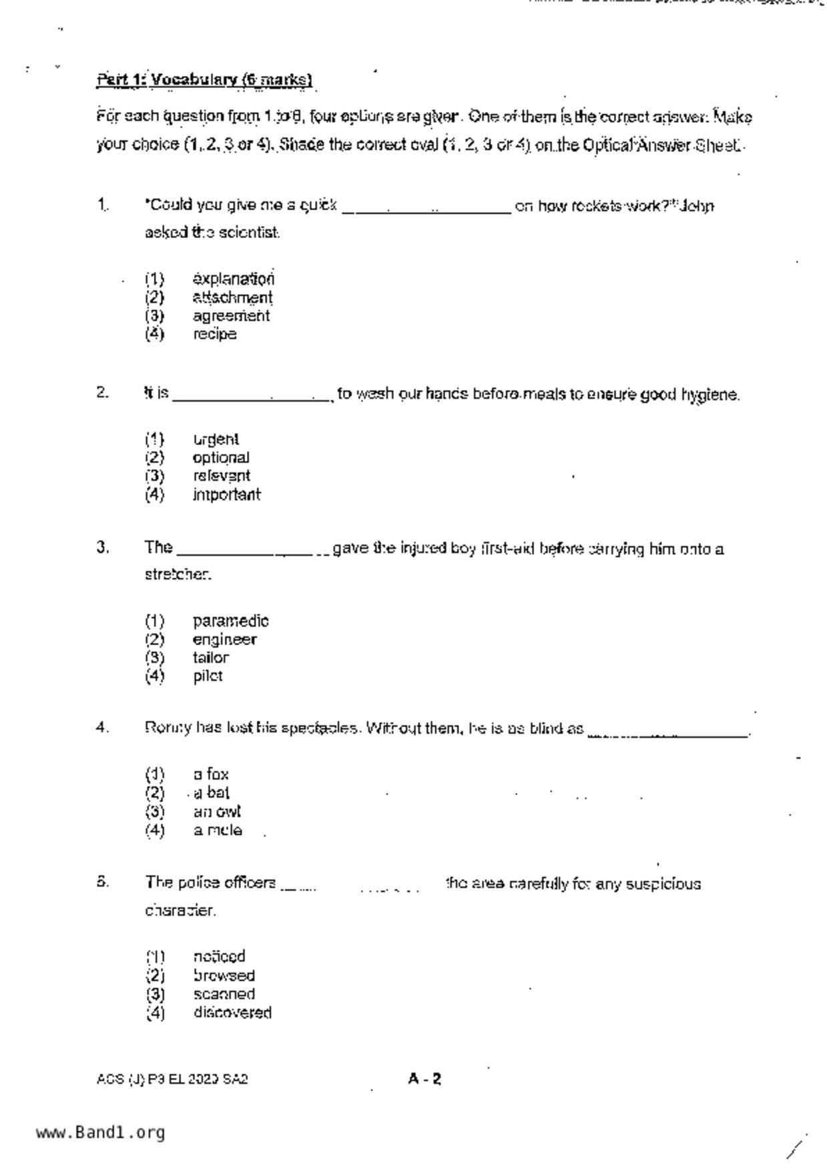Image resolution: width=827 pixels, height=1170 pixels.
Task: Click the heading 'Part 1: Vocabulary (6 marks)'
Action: (204, 80)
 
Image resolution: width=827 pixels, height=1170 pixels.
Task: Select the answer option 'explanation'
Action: (233, 279)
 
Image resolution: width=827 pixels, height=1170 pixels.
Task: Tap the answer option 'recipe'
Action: (214, 334)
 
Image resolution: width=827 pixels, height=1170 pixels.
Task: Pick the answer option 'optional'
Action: (220, 458)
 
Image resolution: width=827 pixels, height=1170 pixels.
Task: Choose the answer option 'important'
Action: (226, 495)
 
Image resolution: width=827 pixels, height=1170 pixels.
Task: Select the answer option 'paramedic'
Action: (230, 621)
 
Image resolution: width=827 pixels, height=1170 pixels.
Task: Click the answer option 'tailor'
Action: (211, 658)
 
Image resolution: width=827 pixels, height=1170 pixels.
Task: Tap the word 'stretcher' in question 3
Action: (178, 574)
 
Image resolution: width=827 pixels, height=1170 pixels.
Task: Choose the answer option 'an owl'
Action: (216, 812)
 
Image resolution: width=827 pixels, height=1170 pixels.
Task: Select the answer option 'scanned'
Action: (224, 994)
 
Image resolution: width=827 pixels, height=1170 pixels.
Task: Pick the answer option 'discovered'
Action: (232, 1013)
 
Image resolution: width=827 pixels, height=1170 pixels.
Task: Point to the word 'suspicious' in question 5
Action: (663, 885)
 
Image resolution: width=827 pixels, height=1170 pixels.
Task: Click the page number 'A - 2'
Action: (425, 1079)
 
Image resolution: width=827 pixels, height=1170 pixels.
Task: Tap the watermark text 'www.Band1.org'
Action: (100, 1133)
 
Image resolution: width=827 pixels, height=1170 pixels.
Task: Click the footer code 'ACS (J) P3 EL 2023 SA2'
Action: (172, 1079)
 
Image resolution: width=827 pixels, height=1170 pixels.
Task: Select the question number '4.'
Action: (102, 728)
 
